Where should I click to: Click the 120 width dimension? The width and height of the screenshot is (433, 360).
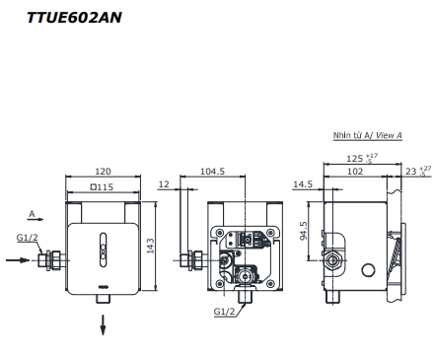click(103, 170)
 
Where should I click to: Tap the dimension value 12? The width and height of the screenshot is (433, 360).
click(164, 185)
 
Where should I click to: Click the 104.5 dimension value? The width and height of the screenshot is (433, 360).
click(212, 170)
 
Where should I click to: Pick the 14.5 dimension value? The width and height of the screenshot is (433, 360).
click(302, 185)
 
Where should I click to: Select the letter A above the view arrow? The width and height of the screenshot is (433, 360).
click(32, 212)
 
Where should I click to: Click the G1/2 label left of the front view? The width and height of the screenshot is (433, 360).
click(29, 238)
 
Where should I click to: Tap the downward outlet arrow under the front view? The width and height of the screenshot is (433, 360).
click(102, 324)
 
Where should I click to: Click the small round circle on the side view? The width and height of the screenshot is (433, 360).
click(371, 269)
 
